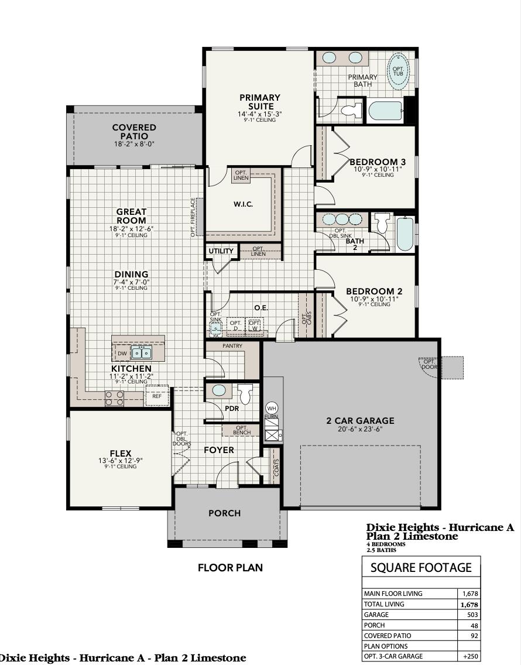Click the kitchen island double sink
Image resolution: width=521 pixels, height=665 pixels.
coord(141,353)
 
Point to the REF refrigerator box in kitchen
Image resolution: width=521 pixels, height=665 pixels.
coord(156,396)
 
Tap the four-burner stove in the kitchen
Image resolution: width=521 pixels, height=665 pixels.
coord(114,398)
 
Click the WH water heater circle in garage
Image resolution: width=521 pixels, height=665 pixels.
coord(272,408)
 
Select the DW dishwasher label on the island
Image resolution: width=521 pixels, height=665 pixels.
coord(122,354)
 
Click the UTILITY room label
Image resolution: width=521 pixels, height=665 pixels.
coord(221,251)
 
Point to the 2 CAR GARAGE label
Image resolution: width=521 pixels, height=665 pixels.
coord(360,420)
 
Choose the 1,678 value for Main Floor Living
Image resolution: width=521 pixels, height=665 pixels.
coord(470,594)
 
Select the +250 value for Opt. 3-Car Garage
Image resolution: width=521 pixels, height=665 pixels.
coord(470,656)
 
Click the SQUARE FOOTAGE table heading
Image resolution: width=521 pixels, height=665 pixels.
coord(421,567)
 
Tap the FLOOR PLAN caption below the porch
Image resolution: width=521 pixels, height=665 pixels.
coord(230,567)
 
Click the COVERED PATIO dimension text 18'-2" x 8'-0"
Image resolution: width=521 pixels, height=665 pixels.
coord(135,144)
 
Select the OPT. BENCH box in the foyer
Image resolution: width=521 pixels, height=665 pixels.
coord(241,430)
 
